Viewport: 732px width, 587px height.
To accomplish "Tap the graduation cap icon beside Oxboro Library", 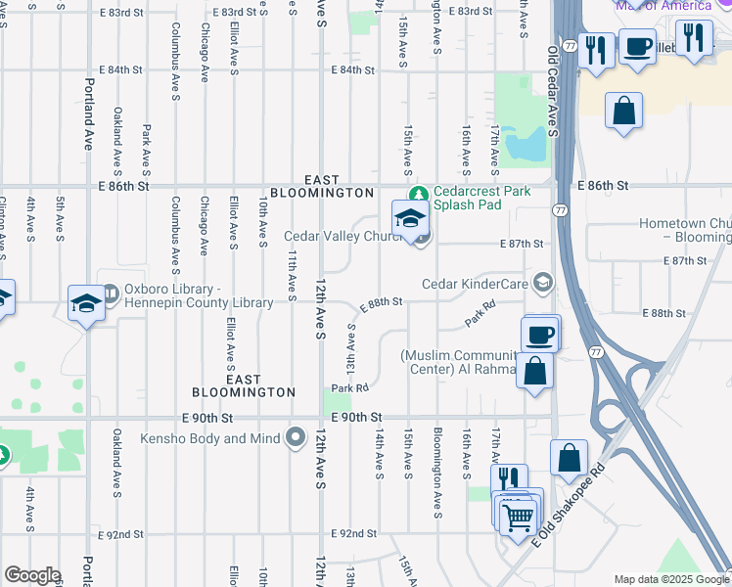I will click(x=86, y=303).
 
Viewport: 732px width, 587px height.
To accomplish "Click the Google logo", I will click(x=31, y=575).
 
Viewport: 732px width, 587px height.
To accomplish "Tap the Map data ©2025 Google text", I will click(x=670, y=579).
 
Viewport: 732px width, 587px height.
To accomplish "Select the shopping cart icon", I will click(x=518, y=515).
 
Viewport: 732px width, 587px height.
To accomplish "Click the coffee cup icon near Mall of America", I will click(x=638, y=46).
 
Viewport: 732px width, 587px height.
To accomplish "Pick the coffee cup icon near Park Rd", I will click(x=539, y=335).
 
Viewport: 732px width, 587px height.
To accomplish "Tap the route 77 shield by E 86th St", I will click(x=559, y=210).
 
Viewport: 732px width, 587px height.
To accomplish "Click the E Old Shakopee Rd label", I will click(x=571, y=505).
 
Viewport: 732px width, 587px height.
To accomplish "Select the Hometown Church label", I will click(x=685, y=230).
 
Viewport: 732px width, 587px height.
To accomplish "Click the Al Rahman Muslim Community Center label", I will click(x=460, y=362).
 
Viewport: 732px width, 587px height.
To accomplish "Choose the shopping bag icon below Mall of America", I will click(x=623, y=112).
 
